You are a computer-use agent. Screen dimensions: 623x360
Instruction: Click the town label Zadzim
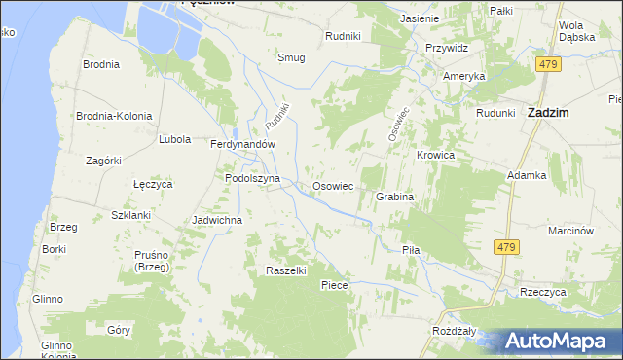(x=547, y=113)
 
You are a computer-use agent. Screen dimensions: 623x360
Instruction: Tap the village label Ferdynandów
(x=244, y=144)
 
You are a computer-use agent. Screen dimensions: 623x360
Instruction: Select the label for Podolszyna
(x=252, y=179)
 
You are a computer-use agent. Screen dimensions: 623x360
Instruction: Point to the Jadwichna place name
(x=217, y=220)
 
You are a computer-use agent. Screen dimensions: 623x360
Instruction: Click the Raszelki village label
(x=287, y=270)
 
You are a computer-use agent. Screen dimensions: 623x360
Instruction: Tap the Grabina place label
(x=395, y=197)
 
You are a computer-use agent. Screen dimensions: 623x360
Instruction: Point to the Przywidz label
(x=447, y=48)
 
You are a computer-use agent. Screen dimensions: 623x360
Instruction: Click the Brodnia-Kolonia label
(x=114, y=116)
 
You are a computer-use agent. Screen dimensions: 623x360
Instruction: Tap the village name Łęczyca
(x=152, y=183)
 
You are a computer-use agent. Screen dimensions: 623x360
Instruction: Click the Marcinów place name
(x=570, y=231)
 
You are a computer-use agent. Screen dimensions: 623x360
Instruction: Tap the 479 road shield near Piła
(x=505, y=248)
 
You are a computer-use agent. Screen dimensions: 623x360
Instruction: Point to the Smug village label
(x=291, y=57)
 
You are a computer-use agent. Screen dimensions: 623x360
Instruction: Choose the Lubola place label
(x=174, y=139)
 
